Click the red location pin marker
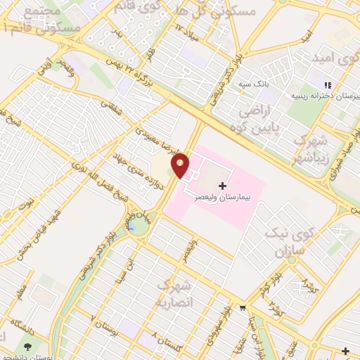click(x=181, y=165)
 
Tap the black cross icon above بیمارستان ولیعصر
click(x=224, y=186)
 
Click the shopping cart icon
click(x=243, y=307)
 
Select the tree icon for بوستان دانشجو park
click(x=28, y=347)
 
